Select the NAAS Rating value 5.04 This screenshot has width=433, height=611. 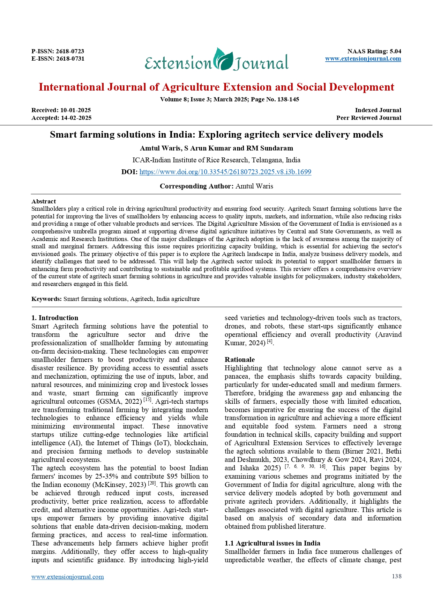click(395, 51)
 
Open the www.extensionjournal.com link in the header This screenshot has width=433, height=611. click(363, 59)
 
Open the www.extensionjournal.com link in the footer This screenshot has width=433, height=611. click(67, 577)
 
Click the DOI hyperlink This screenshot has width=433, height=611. click(225, 172)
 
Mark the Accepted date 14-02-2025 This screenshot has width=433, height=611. click(76, 118)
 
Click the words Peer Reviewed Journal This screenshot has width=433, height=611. click(368, 118)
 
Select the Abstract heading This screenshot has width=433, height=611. click(44, 201)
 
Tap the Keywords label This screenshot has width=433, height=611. click(46, 299)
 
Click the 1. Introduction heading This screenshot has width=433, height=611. click(55, 318)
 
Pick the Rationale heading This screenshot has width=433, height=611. click(239, 359)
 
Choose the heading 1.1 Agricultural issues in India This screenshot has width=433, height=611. click(272, 543)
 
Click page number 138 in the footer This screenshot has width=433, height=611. click(396, 576)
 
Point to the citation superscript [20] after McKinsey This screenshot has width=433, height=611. click(152, 483)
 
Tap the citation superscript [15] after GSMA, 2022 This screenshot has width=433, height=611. click(147, 400)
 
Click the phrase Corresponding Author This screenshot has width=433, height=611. click(196, 186)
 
